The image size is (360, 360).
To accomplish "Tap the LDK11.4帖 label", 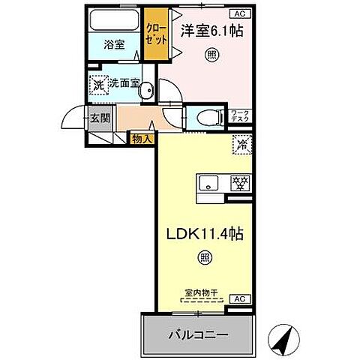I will [202, 233].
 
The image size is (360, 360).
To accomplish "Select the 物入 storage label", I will [142, 137].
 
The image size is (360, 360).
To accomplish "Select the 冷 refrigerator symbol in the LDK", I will [242, 142].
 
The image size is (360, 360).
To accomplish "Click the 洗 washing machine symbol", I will [98, 85].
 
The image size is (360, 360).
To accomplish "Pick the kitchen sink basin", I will [208, 181].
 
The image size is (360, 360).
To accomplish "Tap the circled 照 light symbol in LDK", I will [202, 259].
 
